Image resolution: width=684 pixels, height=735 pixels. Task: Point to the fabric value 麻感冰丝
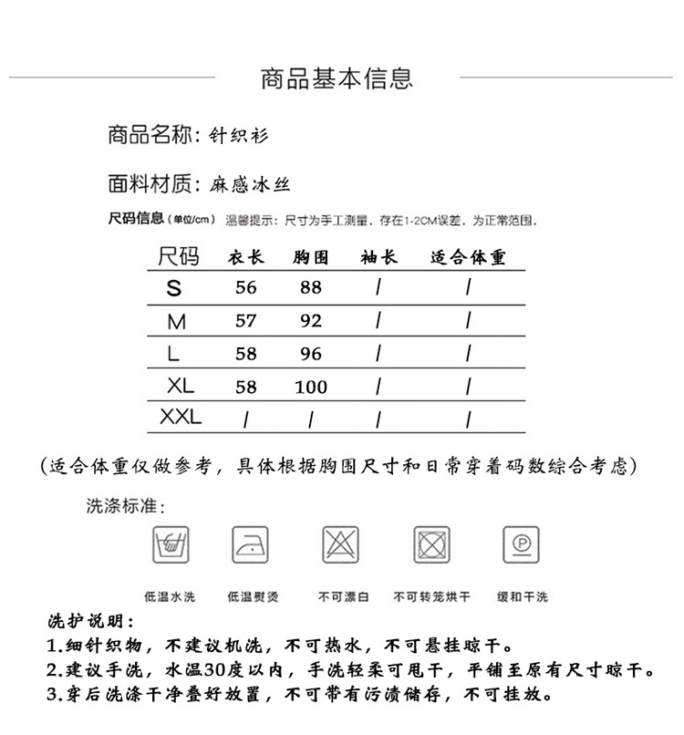point(248,184)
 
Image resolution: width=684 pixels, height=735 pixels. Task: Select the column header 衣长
point(245,258)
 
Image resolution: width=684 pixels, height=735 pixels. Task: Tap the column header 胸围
point(311,258)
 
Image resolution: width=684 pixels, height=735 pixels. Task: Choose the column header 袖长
point(379,258)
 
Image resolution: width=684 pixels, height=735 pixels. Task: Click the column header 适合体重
point(468,258)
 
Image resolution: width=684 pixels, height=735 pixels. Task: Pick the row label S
point(174,288)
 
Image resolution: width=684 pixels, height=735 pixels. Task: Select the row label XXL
point(180,418)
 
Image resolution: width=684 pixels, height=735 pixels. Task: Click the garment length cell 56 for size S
point(246,288)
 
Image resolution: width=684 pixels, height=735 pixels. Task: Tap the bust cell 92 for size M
point(311,321)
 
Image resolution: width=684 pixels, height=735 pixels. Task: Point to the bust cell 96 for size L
point(311,354)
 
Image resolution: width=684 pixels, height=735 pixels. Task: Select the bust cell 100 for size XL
point(311,387)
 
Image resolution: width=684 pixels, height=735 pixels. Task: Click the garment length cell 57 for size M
point(246,321)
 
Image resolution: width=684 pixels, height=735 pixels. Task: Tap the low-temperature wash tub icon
point(170,544)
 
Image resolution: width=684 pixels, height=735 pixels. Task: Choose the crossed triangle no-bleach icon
point(340,544)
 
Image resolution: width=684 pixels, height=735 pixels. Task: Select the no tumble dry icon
point(431,544)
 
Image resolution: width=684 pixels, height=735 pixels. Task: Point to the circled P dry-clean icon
point(522,544)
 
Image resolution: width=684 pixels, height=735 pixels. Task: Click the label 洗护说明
point(90,622)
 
